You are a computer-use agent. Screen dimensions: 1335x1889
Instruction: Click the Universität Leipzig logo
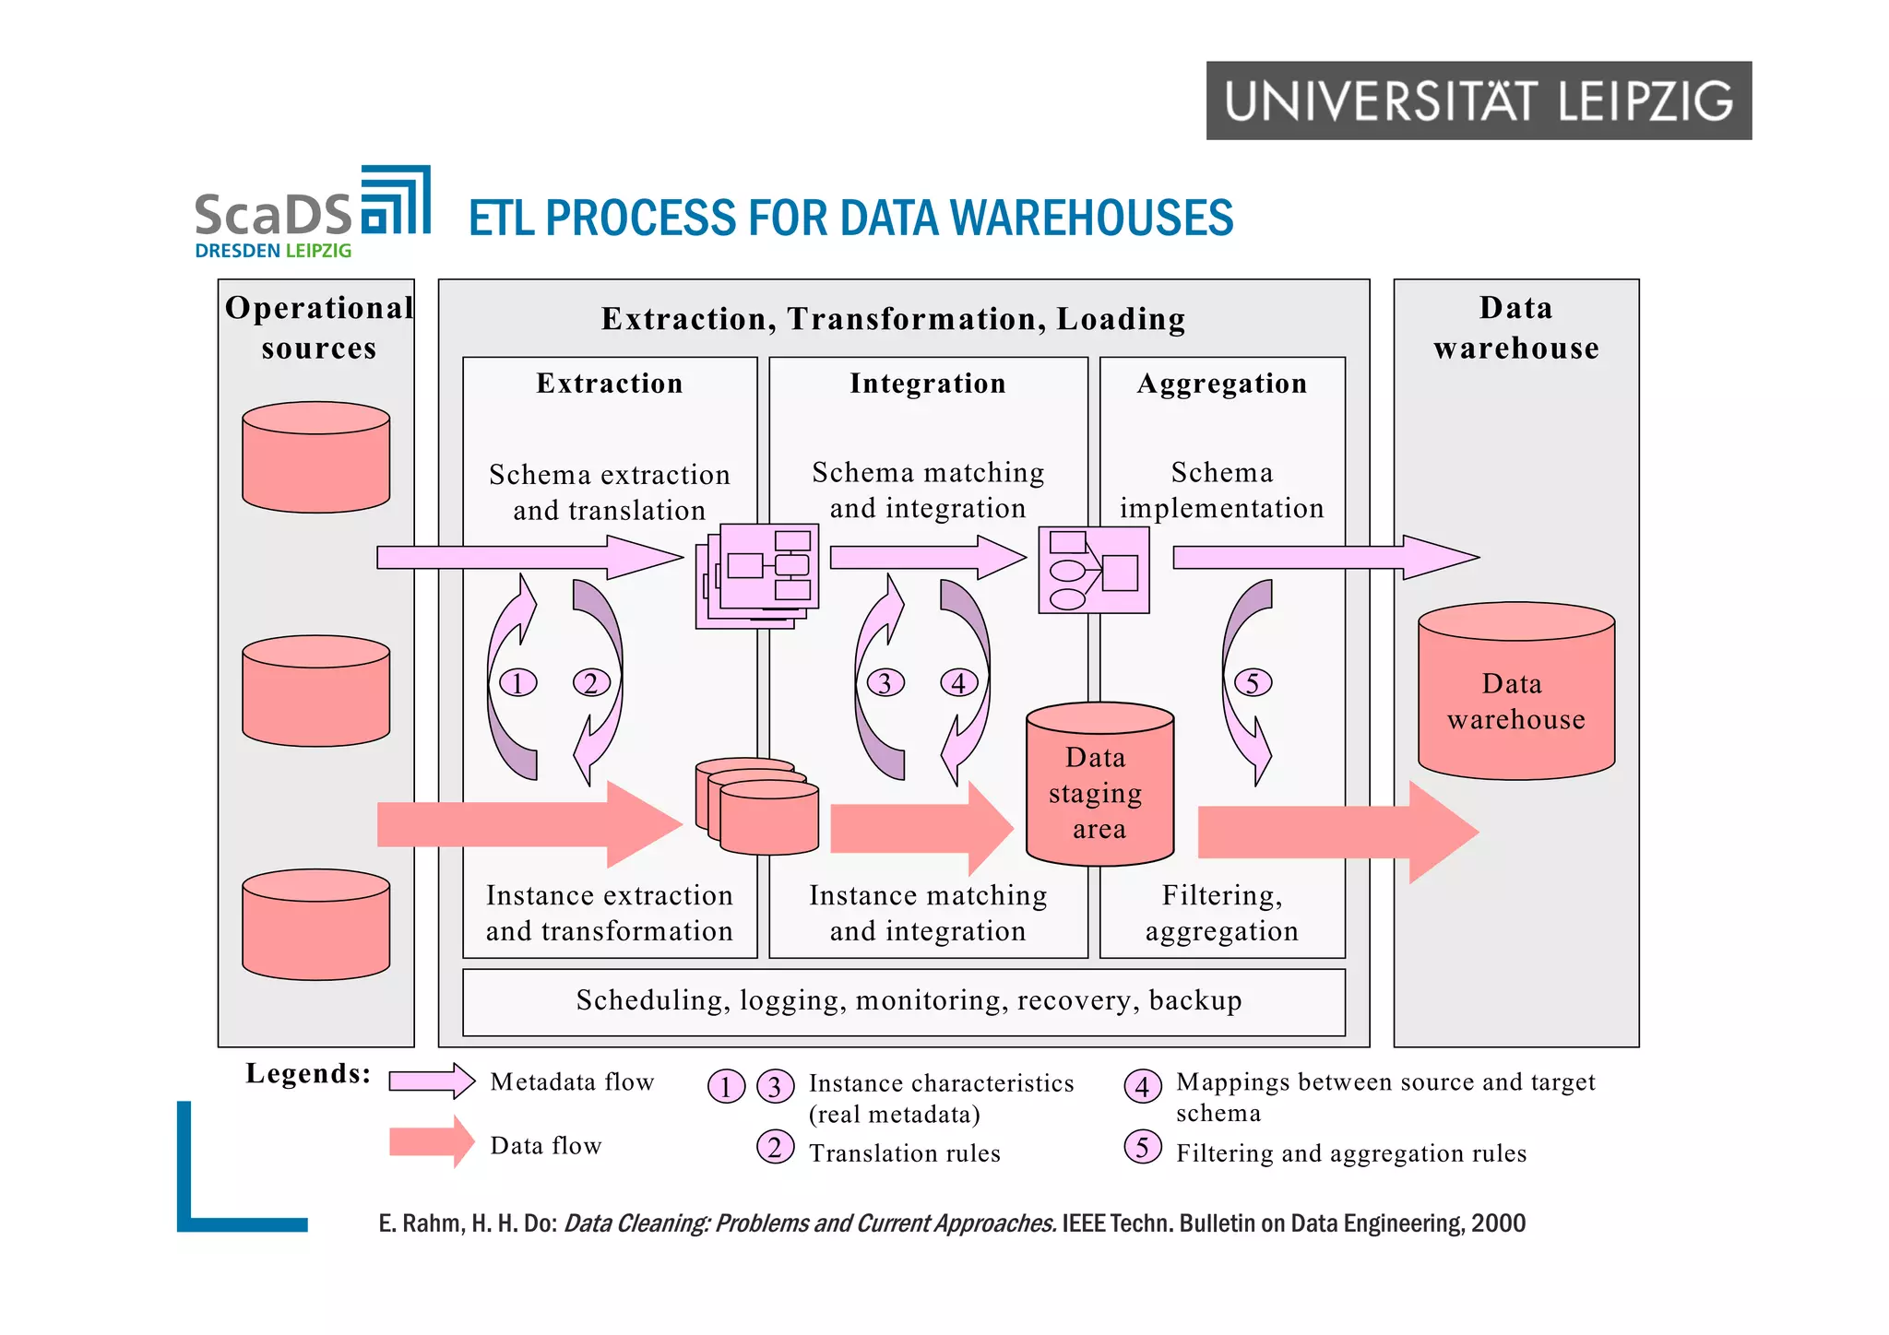(x=1478, y=100)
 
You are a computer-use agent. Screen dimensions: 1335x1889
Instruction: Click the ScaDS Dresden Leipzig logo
(x=312, y=214)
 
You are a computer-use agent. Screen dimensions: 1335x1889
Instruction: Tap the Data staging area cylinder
(x=1099, y=786)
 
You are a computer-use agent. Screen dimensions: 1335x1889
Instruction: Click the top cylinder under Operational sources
(x=315, y=457)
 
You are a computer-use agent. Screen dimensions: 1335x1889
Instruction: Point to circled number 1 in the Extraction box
(x=517, y=683)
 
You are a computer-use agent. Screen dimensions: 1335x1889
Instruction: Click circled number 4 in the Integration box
(x=958, y=683)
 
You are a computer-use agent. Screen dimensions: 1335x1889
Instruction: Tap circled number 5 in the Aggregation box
(x=1252, y=683)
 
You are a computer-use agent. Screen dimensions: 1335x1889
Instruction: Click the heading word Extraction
(x=609, y=384)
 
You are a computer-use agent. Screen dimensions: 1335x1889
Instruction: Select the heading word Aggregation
(x=1221, y=384)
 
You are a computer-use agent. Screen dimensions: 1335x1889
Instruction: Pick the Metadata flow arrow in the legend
(x=431, y=1081)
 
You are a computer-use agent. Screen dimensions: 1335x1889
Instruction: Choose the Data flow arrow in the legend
(x=431, y=1142)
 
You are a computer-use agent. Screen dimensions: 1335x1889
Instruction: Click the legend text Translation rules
(x=904, y=1153)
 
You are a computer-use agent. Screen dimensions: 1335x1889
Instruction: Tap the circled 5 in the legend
(x=1142, y=1148)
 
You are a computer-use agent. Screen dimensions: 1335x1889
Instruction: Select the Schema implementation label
(x=1221, y=490)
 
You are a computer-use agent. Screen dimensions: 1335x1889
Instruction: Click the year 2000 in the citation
(x=1498, y=1223)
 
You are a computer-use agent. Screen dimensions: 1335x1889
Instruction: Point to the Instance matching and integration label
(x=927, y=913)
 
